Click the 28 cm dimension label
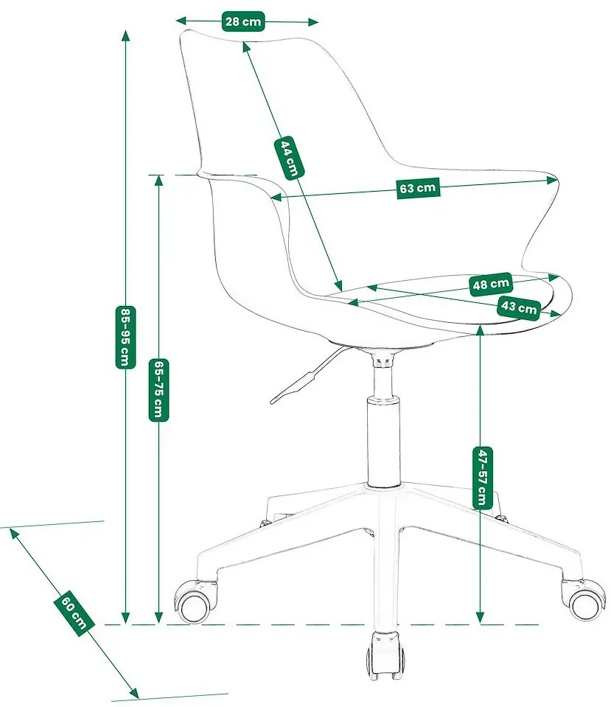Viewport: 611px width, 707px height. (243, 21)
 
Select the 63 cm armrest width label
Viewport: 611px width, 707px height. (418, 187)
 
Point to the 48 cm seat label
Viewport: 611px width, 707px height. (491, 284)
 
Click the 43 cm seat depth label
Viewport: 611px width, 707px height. (519, 307)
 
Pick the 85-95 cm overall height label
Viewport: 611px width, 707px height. (126, 337)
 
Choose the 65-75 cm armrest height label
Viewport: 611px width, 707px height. (158, 389)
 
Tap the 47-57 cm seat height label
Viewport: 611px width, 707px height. (481, 478)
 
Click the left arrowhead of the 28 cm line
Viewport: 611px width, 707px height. (182, 21)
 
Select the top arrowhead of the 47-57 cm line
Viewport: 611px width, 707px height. (481, 331)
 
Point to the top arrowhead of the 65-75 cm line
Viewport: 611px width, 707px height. (158, 181)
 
